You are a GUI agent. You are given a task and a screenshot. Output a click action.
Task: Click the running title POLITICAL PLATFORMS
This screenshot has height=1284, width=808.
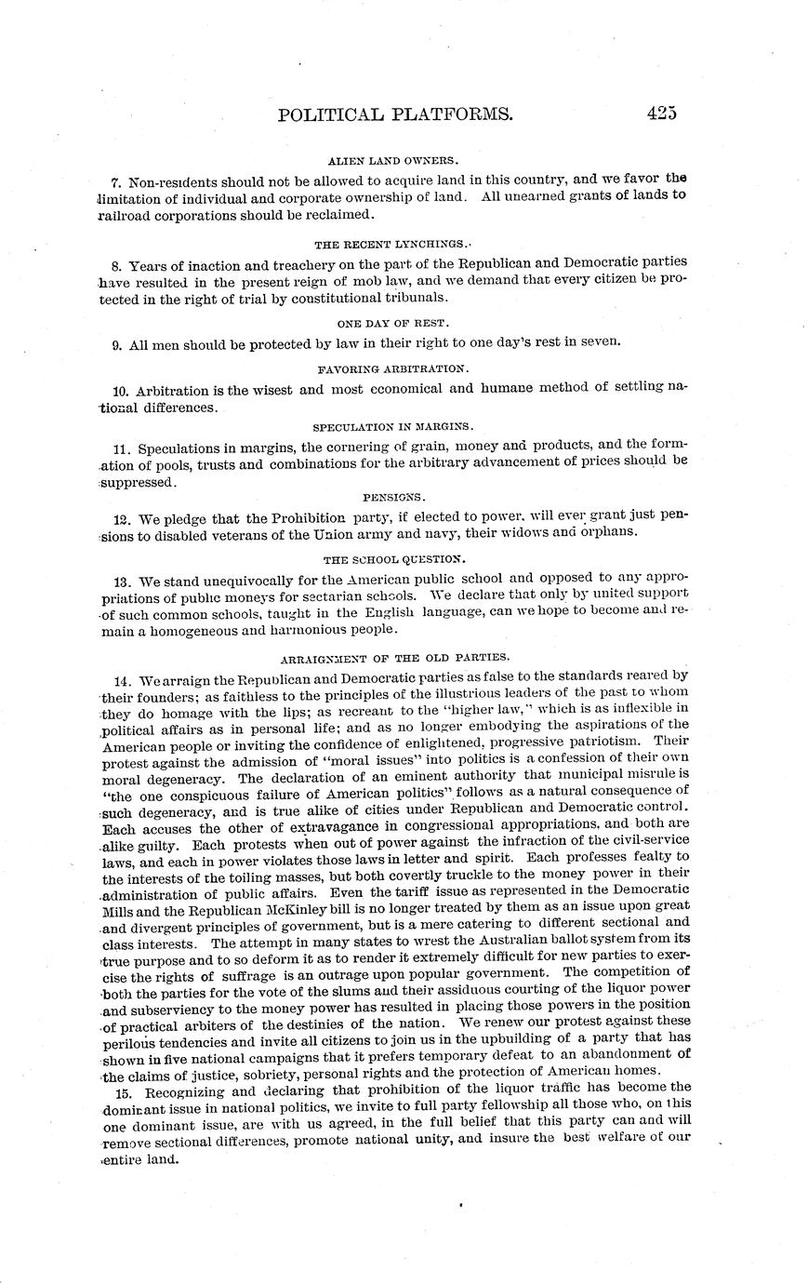click(395, 114)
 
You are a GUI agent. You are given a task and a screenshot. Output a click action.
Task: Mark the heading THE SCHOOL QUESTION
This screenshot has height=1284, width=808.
click(393, 560)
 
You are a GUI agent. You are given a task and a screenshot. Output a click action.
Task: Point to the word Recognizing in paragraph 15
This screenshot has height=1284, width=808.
click(184, 1088)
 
